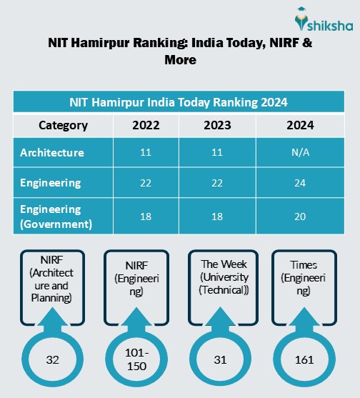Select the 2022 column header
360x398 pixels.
[146, 126]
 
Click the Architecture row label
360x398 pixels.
[52, 153]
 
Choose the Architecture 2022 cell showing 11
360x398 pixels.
[146, 153]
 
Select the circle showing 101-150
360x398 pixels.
[136, 359]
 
